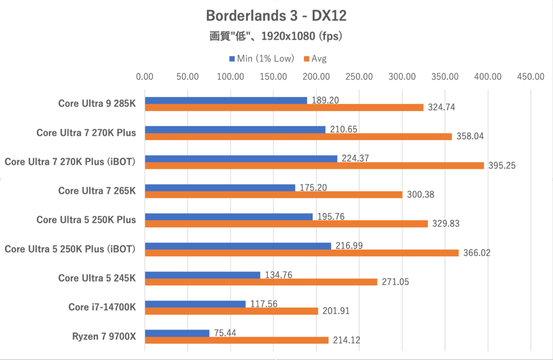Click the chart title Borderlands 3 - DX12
coord(276,16)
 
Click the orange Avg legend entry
coord(315,59)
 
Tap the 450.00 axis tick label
coord(530,77)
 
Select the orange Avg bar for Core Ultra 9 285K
coord(284,107)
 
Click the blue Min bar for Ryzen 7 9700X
coord(177,333)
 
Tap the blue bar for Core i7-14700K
coord(195,304)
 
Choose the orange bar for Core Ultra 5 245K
coord(261,282)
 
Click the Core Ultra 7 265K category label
coord(97,190)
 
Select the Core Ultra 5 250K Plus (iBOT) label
coord(70,249)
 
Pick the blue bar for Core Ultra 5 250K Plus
coord(229,217)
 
